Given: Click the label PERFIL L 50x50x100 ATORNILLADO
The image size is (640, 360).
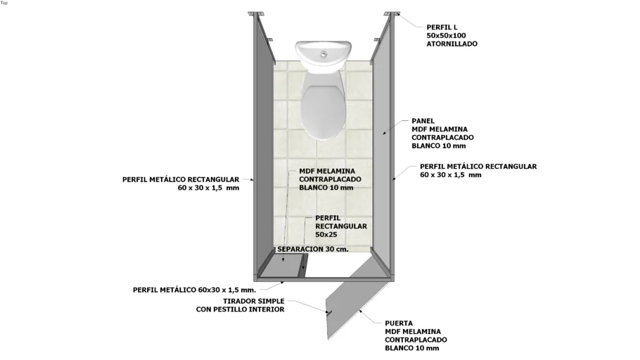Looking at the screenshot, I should [x=452, y=35].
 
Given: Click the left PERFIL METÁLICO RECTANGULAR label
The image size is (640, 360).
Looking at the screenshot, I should [x=180, y=184].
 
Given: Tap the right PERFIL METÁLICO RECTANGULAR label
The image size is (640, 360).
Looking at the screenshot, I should [x=478, y=171].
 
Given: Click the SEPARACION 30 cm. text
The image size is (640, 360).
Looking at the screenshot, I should [x=313, y=249].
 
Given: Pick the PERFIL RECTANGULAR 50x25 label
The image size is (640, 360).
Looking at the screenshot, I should [x=341, y=226].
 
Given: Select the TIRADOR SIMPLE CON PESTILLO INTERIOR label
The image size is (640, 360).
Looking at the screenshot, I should [x=240, y=305].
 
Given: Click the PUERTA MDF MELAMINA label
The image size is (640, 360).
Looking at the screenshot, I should [x=413, y=335].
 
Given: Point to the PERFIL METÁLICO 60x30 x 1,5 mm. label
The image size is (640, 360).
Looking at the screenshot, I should [x=194, y=289].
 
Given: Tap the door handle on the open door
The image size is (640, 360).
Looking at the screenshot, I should [x=328, y=311].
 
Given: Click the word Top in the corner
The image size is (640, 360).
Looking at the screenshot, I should [x=4, y=3].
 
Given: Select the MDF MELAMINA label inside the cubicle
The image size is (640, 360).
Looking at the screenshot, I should [x=327, y=179].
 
